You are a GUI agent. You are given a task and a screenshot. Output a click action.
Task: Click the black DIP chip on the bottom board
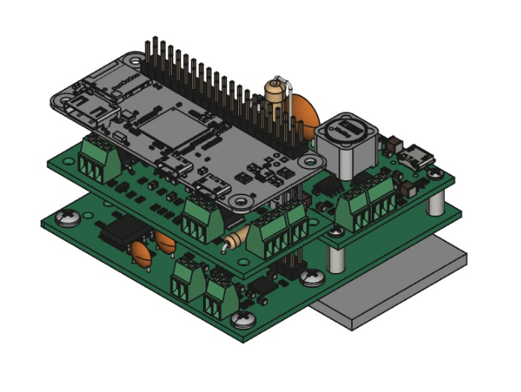[118, 231]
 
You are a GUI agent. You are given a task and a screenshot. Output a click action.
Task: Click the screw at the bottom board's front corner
[242, 321]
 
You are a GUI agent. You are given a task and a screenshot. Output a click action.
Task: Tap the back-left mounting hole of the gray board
[135, 61]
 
